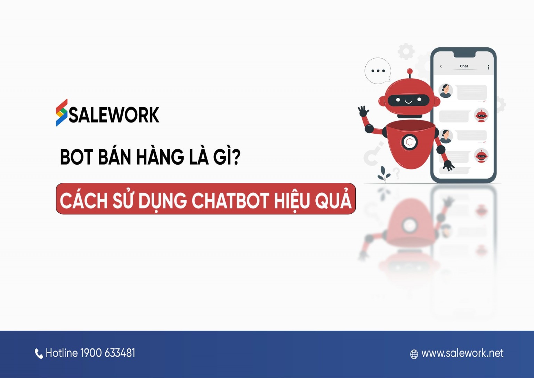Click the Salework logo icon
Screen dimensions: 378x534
pyautogui.click(x=62, y=112)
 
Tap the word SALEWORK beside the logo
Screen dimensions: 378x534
pyautogui.click(x=114, y=115)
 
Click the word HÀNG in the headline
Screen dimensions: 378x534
pyautogui.click(x=160, y=157)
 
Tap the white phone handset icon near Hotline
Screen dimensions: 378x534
pyautogui.click(x=39, y=354)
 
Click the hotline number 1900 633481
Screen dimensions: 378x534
pyautogui.click(x=107, y=353)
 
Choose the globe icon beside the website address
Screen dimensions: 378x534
pyautogui.click(x=414, y=354)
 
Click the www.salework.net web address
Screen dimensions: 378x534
pyautogui.click(x=462, y=353)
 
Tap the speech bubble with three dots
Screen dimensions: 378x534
pyautogui.click(x=378, y=71)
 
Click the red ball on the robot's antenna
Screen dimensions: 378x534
pyautogui.click(x=410, y=71)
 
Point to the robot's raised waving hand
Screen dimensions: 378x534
pyautogui.click(x=363, y=111)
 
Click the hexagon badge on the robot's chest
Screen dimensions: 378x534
pyautogui.click(x=410, y=142)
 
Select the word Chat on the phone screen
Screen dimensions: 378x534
pyautogui.click(x=464, y=66)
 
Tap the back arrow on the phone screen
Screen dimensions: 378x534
pyautogui.click(x=441, y=66)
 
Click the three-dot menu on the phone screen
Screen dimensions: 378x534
pyautogui.click(x=488, y=67)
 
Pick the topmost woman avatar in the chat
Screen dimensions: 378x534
pyautogui.click(x=445, y=91)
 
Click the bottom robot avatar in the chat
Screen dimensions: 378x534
pyautogui.click(x=481, y=156)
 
